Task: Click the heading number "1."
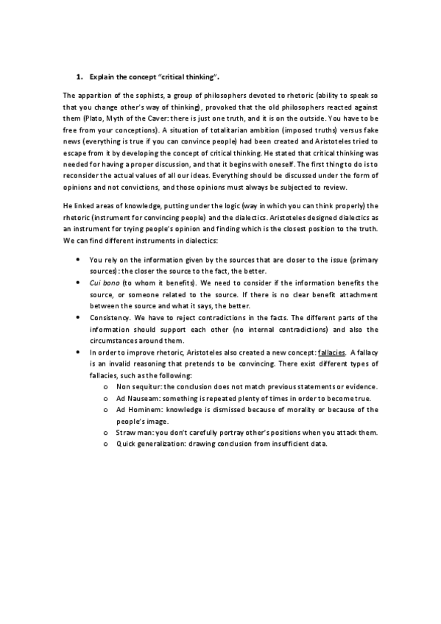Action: (x=80, y=77)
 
